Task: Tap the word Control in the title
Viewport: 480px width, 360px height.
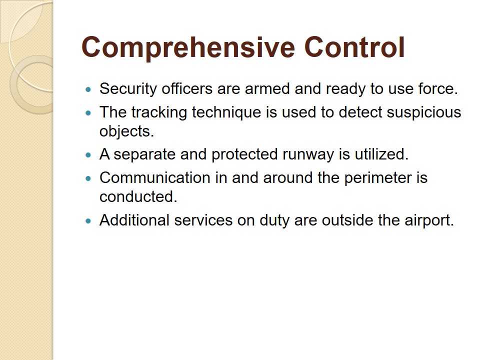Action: click(x=354, y=47)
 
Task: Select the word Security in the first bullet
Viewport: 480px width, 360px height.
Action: click(x=128, y=89)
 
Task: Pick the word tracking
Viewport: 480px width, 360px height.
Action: click(x=159, y=112)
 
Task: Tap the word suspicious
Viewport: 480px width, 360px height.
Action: click(x=424, y=112)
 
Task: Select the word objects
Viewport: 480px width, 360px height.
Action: click(x=126, y=131)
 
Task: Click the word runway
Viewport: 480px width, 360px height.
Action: click(x=308, y=155)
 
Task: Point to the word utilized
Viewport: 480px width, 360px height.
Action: click(x=381, y=154)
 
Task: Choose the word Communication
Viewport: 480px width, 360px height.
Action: click(x=155, y=178)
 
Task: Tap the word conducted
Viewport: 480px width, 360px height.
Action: click(x=138, y=197)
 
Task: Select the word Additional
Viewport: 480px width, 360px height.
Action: click(x=134, y=220)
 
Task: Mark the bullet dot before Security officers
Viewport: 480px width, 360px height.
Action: click(x=89, y=89)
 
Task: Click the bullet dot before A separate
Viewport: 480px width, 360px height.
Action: click(x=89, y=155)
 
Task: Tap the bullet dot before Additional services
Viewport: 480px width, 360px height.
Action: click(x=89, y=221)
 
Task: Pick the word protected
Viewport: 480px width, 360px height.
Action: click(x=244, y=155)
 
